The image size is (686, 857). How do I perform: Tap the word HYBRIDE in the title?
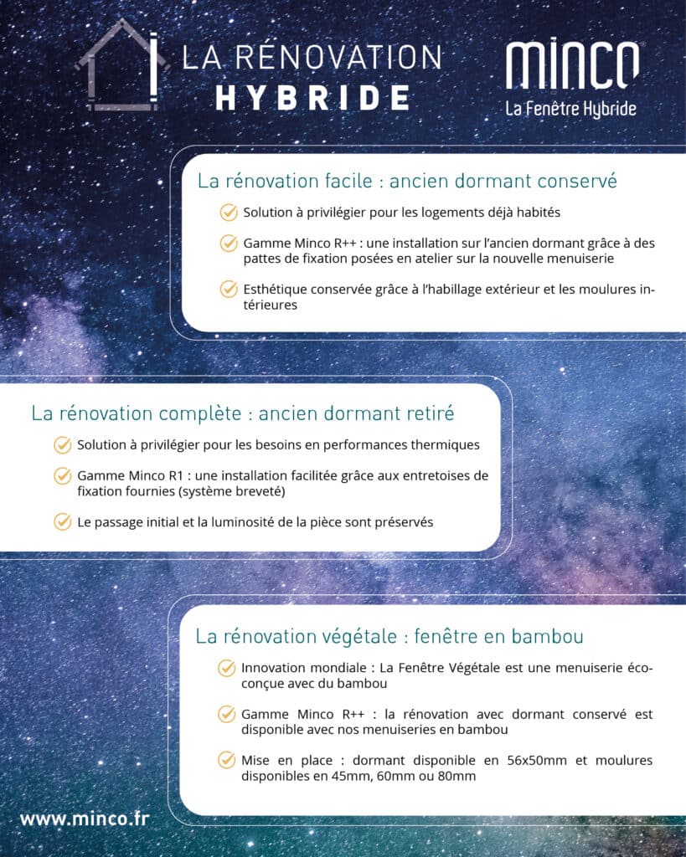[x=312, y=97]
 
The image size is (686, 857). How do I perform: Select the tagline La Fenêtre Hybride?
[x=570, y=109]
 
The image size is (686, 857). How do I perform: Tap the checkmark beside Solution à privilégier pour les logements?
[x=229, y=213]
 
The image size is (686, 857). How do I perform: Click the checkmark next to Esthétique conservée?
[x=229, y=289]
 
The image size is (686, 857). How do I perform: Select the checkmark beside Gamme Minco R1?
[x=63, y=475]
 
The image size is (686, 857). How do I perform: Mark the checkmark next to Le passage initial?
[x=63, y=521]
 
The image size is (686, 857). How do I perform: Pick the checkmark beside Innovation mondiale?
[x=226, y=668]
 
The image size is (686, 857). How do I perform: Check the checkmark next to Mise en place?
[x=226, y=760]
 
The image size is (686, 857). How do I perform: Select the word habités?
[x=537, y=213]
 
